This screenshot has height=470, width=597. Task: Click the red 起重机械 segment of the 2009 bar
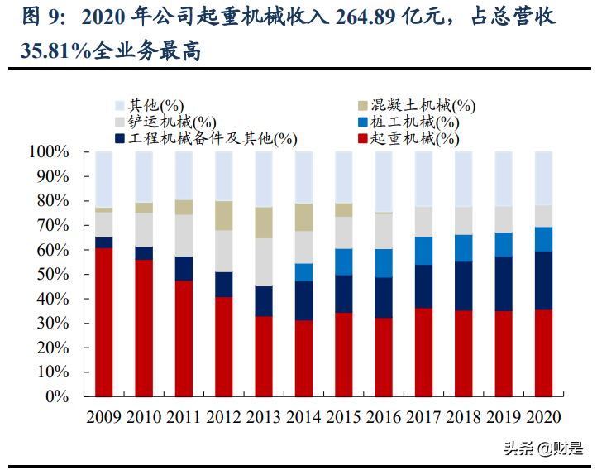coord(103,322)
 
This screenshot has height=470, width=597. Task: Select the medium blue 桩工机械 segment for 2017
coord(423,251)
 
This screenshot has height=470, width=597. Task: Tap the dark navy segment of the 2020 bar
coord(543,280)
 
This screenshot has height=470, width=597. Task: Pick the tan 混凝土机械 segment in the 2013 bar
coord(264,223)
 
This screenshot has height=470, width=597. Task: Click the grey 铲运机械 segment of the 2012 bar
coord(223,251)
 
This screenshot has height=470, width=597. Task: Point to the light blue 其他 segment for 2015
coord(343,177)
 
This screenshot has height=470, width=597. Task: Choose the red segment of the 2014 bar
coord(303,358)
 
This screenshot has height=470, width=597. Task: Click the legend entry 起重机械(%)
coord(413,139)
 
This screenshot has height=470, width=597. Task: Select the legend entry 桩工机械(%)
coord(413,122)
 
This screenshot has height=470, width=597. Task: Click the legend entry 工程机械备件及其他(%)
coord(207,139)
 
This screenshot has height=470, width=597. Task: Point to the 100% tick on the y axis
coord(51,152)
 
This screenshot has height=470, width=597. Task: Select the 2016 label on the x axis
coord(383,417)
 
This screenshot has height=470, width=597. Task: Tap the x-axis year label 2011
coord(184,417)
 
